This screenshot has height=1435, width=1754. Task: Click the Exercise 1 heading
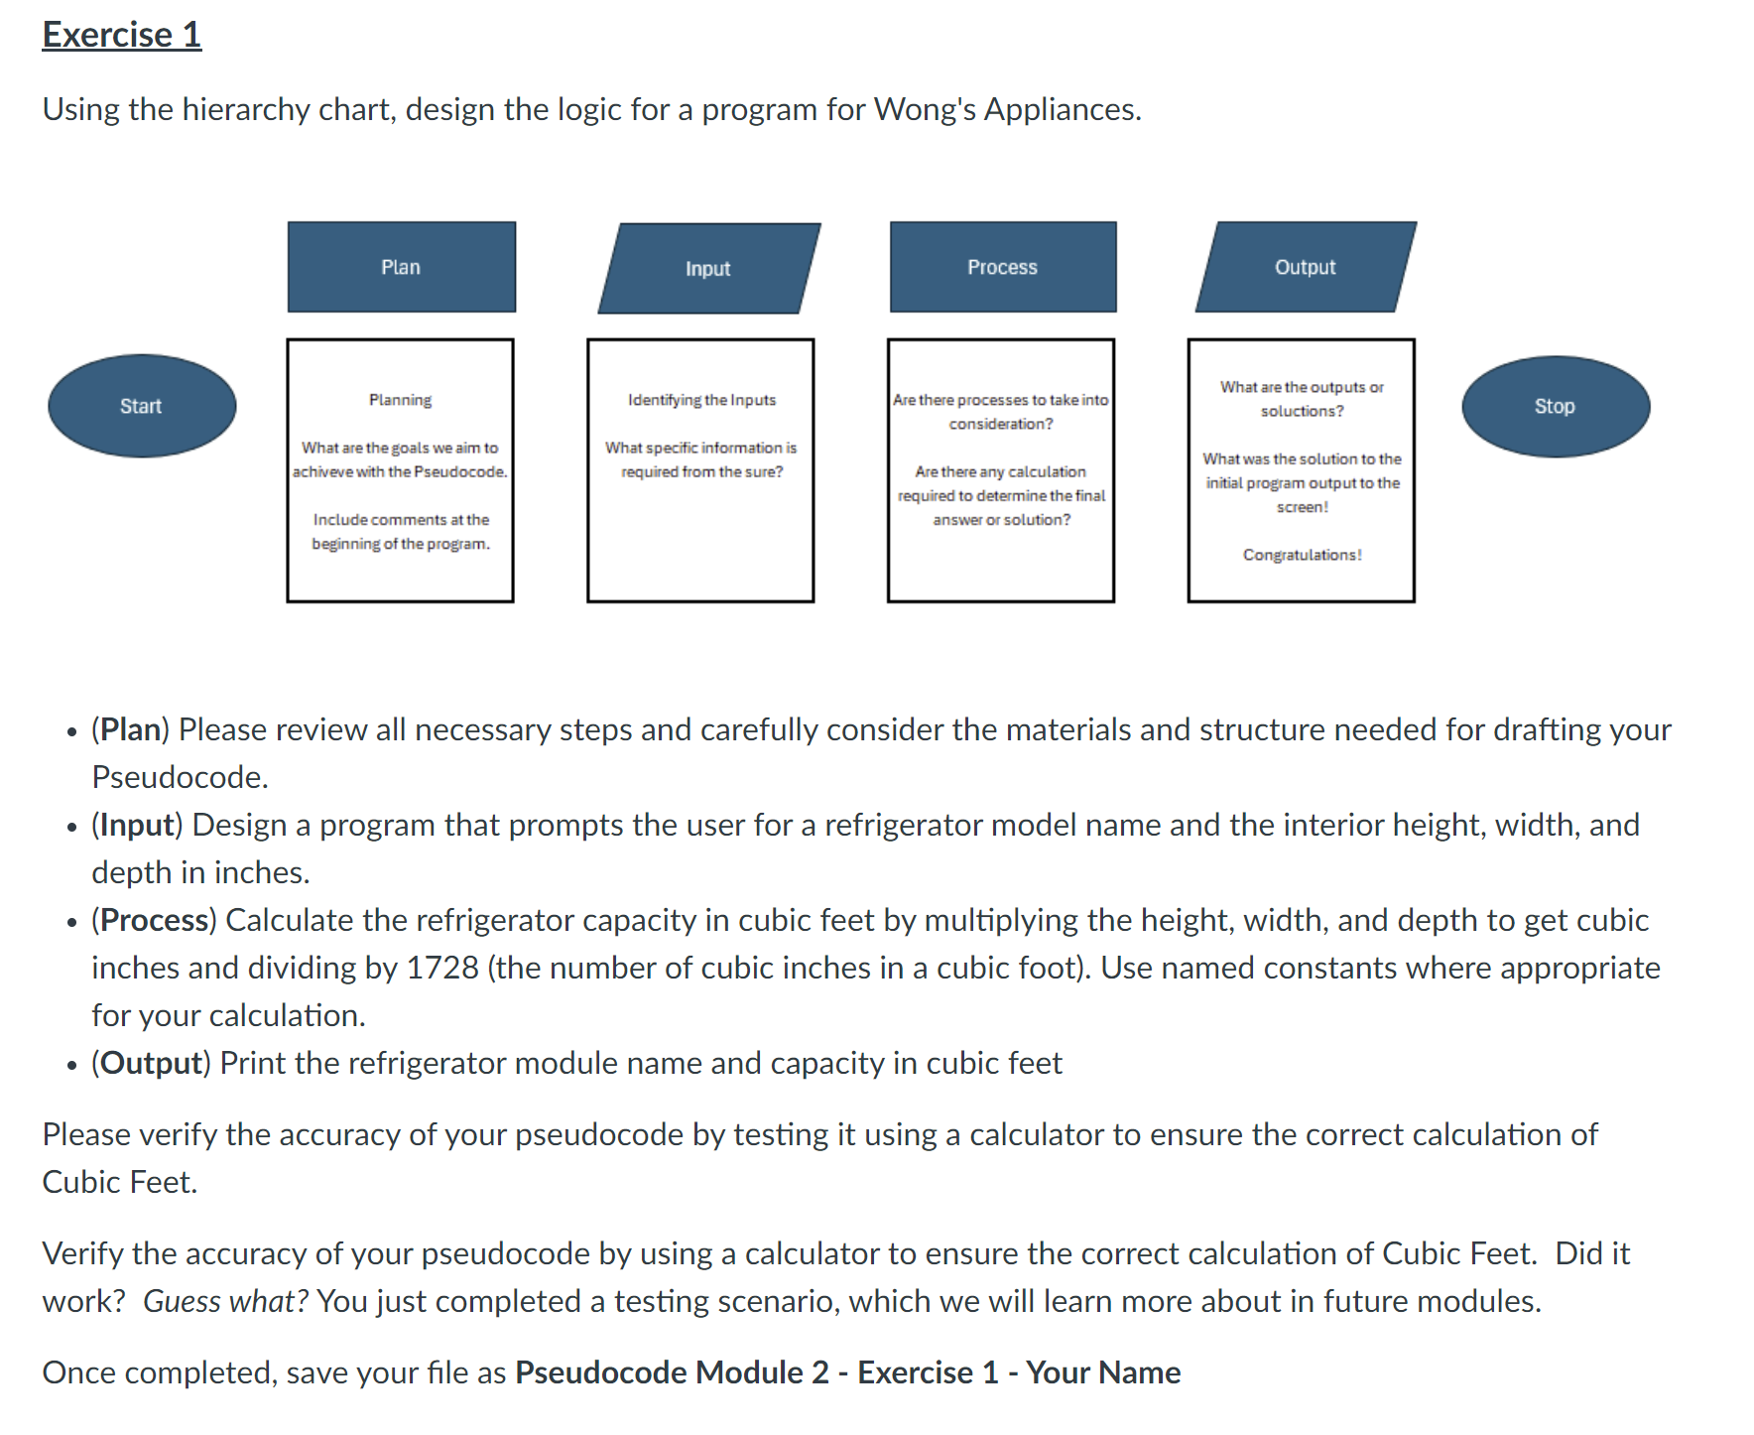coord(121,35)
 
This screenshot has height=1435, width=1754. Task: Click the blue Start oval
coord(142,406)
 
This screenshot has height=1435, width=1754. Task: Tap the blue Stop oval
coord(1555,406)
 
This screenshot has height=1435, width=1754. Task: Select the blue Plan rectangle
coord(401,267)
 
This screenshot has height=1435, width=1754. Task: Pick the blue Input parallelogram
coord(708,268)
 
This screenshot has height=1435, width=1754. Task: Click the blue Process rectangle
coord(1002,267)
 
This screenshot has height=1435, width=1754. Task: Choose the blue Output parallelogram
coord(1305,267)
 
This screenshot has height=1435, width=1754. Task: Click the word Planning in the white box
coord(400,400)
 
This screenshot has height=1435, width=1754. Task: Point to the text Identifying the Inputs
coord(701,400)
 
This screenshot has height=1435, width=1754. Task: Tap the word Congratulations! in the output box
coord(1302,555)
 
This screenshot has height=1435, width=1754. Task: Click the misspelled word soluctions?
coord(1302,411)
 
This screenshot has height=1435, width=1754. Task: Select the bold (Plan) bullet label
coord(131,729)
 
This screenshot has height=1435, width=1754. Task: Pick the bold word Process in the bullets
coord(154,920)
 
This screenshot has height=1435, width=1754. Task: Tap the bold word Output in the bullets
coord(151,1063)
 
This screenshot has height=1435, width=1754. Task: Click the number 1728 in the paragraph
coord(442,968)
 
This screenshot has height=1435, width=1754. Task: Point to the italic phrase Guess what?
coord(226,1301)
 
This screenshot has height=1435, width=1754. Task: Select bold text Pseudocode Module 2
coord(672,1372)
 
